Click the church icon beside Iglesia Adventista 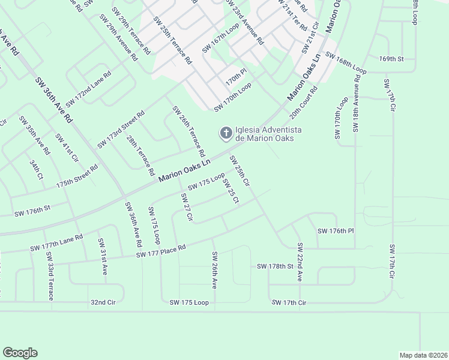click(x=225, y=133)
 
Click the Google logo click(x=20, y=353)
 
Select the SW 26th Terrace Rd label click(x=188, y=129)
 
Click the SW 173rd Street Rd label click(x=121, y=130)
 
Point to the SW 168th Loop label click(x=346, y=62)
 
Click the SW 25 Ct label click(x=231, y=190)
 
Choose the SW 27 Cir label click(x=185, y=208)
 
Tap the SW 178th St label click(x=274, y=266)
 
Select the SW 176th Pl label click(x=336, y=231)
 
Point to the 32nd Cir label click(x=102, y=302)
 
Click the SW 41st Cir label click(x=67, y=148)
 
